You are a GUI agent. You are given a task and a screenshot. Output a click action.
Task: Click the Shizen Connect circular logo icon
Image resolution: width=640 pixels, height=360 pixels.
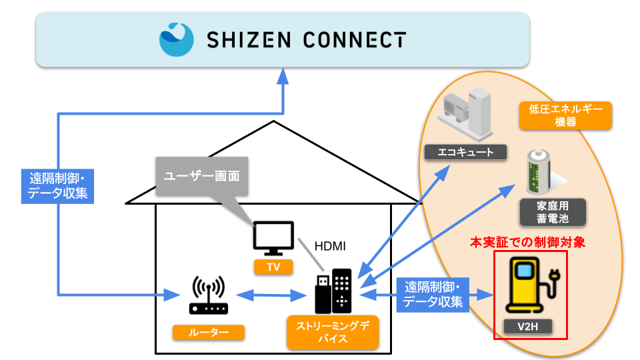tap(177, 39)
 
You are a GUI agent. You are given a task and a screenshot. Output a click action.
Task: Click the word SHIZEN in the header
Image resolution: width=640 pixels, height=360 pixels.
tap(247, 40)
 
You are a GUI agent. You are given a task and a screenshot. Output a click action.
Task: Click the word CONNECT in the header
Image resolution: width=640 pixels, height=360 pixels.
tap(355, 40)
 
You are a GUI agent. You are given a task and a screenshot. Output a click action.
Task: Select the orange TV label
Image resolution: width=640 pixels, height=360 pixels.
tap(273, 267)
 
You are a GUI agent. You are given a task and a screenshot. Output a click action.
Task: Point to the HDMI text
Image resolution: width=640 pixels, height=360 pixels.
tap(331, 246)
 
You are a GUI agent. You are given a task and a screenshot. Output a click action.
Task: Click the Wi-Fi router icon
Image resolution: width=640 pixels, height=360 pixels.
tap(209, 296)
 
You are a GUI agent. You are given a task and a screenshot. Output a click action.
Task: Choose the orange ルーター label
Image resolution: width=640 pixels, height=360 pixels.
tap(208, 331)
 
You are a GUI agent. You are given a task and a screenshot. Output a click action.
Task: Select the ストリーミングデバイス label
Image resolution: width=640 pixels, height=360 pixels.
tap(331, 332)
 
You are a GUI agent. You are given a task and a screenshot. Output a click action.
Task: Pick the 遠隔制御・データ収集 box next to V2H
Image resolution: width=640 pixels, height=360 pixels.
tap(433, 295)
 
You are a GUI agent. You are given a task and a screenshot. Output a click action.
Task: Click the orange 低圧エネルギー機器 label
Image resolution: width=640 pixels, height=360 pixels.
tap(566, 115)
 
